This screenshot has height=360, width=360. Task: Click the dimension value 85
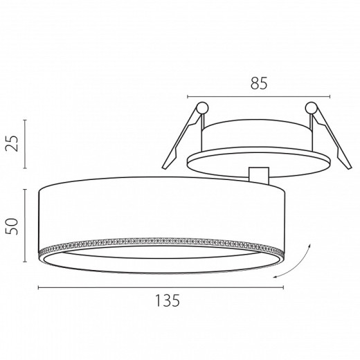point(259,83)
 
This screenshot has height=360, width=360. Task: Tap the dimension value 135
point(168,300)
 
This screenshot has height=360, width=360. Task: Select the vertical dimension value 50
point(12,226)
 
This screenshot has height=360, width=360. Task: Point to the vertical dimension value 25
point(12,143)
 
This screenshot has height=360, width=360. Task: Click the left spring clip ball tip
point(202,107)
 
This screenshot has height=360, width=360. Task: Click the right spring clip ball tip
point(311,107)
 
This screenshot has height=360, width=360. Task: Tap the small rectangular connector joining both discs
point(259,176)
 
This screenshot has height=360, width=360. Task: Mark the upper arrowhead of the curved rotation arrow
point(309,245)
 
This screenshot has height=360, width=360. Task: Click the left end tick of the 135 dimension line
point(39,287)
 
